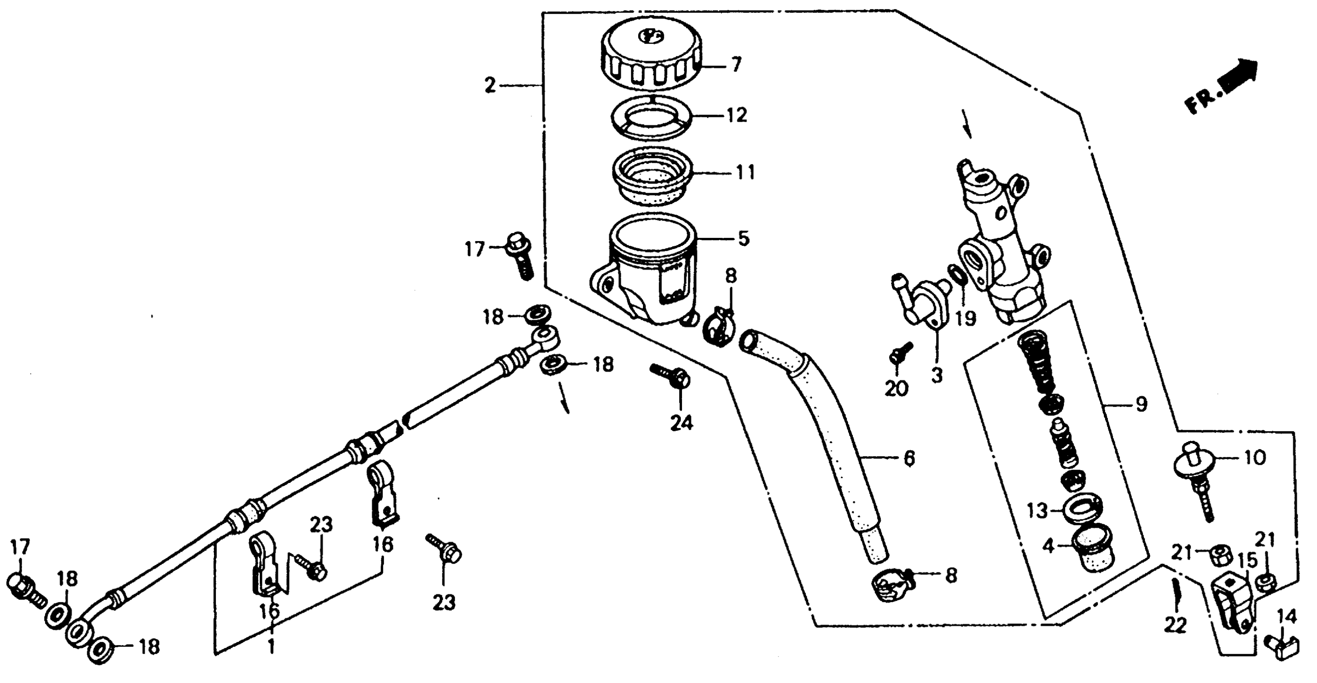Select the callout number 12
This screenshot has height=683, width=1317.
[736, 115]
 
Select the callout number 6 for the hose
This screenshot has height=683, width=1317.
[908, 459]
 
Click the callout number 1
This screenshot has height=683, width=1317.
[271, 647]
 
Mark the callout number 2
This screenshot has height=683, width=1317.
[490, 85]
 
